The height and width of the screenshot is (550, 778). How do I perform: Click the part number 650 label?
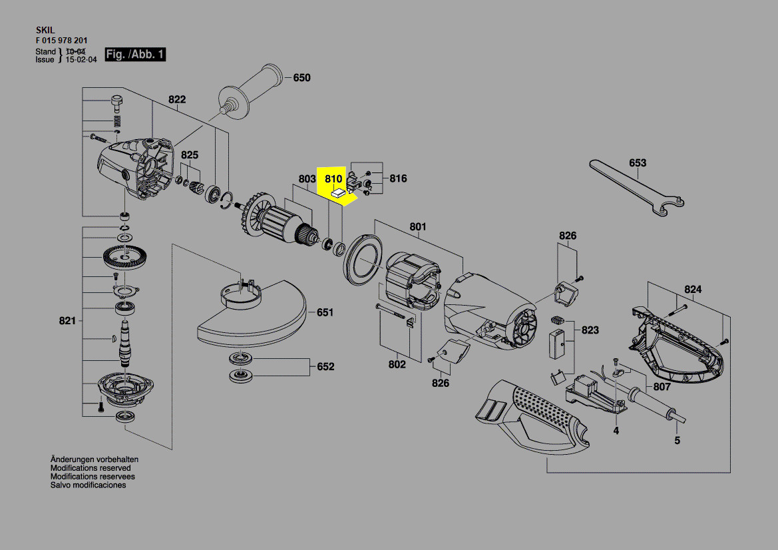[301, 78]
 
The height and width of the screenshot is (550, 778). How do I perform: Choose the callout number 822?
[176, 100]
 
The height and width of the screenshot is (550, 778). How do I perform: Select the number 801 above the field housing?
[417, 227]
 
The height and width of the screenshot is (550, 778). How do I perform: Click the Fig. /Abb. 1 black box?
[135, 55]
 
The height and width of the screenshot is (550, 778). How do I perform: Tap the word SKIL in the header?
[45, 30]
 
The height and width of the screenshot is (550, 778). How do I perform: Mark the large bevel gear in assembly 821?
[123, 257]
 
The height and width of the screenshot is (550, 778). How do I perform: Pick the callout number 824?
[693, 290]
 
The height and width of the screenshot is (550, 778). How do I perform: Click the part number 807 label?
[662, 387]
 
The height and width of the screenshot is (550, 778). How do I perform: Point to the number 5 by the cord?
[677, 440]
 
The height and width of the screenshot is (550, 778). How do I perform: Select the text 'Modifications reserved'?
[91, 468]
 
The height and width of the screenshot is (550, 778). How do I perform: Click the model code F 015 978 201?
[61, 41]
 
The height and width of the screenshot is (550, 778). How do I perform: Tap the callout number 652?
[325, 367]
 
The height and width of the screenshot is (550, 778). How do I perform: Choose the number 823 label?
[590, 330]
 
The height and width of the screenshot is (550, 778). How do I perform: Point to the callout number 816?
[398, 178]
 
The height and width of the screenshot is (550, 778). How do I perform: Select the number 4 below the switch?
[616, 431]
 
